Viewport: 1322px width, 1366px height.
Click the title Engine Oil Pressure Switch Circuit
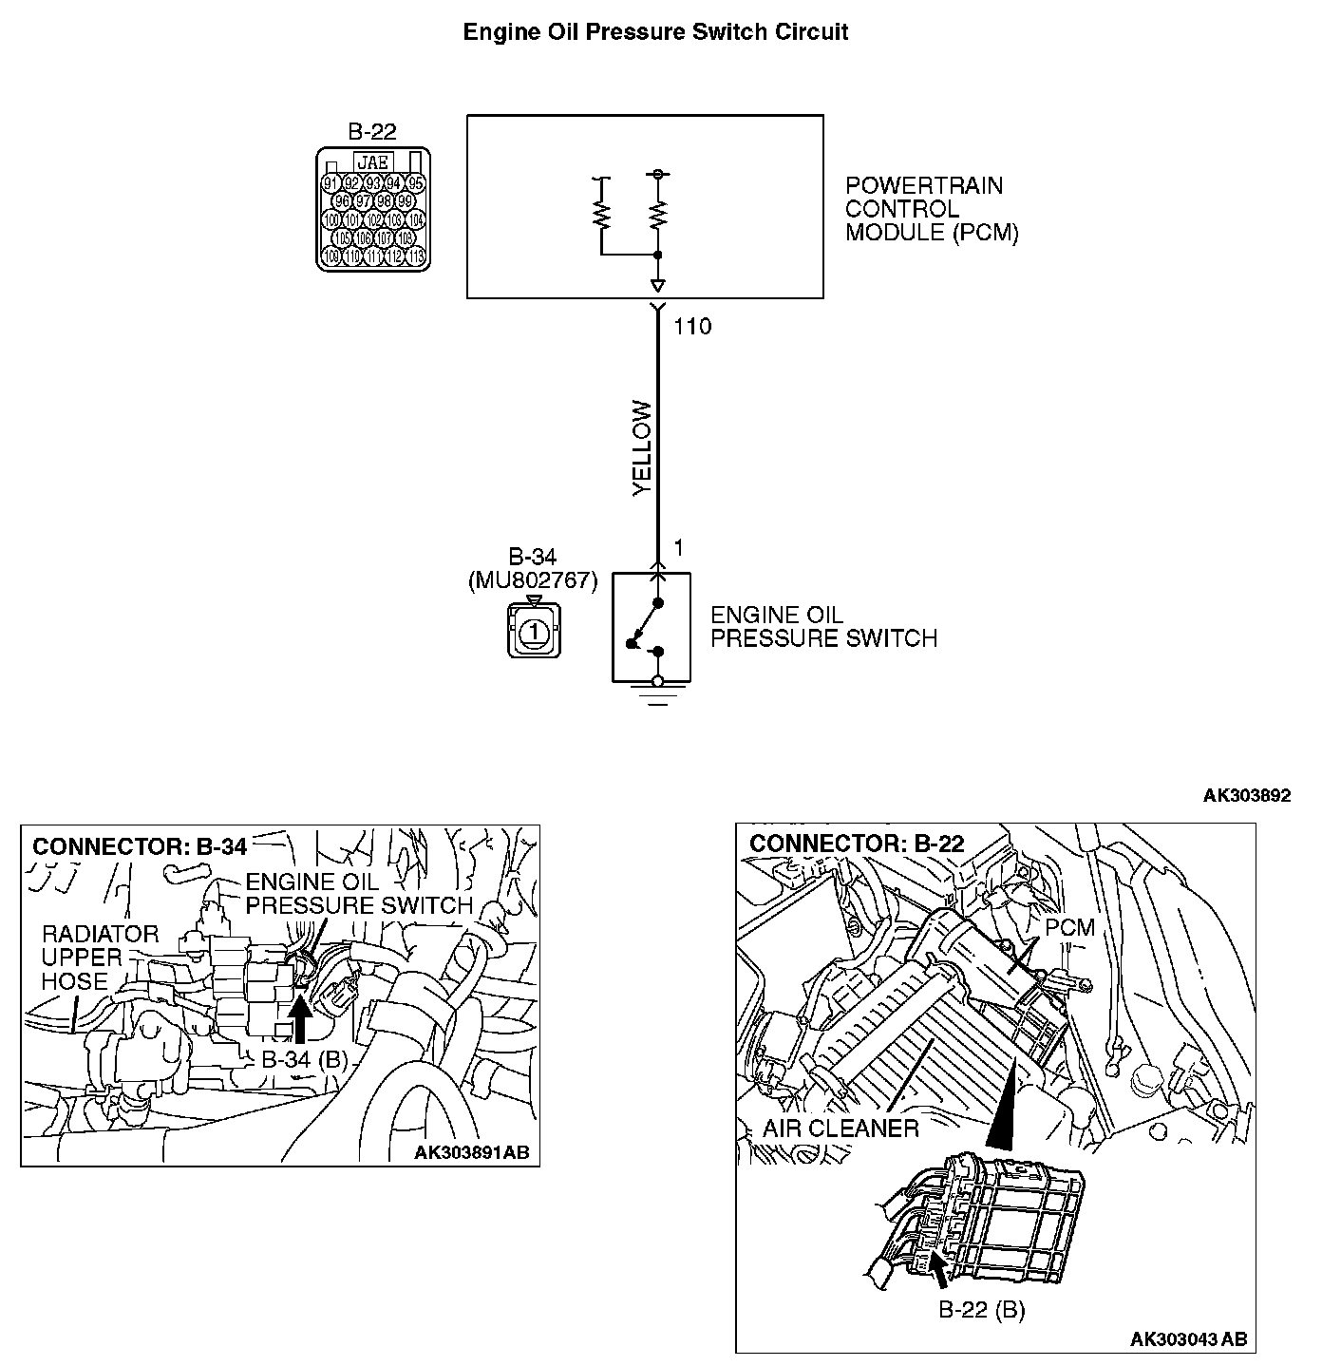pyautogui.click(x=655, y=32)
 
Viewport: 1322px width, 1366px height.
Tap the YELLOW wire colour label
pyautogui.click(x=643, y=448)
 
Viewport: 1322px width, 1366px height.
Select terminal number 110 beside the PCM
pyautogui.click(x=691, y=327)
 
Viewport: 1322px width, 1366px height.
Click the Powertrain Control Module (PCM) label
pyautogui.click(x=931, y=209)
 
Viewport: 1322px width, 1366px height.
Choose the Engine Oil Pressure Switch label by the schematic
pyautogui.click(x=823, y=627)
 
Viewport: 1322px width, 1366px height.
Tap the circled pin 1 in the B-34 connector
pyautogui.click(x=534, y=630)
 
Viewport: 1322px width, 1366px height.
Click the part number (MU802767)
pyautogui.click(x=533, y=580)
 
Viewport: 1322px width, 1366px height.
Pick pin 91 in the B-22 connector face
pyautogui.click(x=331, y=183)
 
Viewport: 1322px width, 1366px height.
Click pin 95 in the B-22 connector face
pyautogui.click(x=415, y=183)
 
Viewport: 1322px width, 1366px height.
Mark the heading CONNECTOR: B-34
pyautogui.click(x=140, y=846)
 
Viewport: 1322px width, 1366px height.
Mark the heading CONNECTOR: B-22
pyautogui.click(x=857, y=844)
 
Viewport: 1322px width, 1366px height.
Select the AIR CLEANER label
pyautogui.click(x=840, y=1129)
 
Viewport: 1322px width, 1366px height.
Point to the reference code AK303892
pyautogui.click(x=1246, y=796)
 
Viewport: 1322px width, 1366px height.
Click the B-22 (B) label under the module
pyautogui.click(x=982, y=1311)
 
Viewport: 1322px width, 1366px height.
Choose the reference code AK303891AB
pyautogui.click(x=471, y=1153)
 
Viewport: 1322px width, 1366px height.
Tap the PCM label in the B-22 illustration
pyautogui.click(x=1070, y=927)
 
